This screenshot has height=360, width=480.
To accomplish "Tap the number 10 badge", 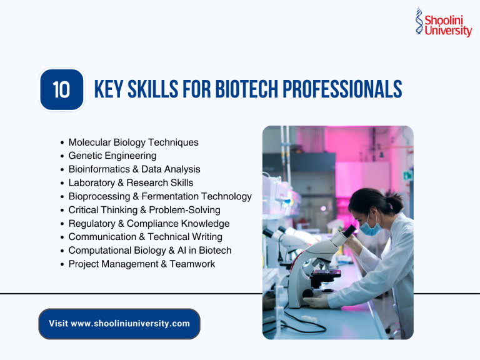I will coord(61,90).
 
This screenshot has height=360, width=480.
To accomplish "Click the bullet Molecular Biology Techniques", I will coord(133,142).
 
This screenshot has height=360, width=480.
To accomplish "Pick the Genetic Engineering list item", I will coord(112,156).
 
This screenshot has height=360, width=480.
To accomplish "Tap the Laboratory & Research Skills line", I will coord(131,182).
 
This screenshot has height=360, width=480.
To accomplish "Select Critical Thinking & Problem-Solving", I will coord(144,210).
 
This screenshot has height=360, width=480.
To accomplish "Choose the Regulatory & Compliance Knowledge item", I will coord(149,223).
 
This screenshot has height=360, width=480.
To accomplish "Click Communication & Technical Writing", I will coord(145,237).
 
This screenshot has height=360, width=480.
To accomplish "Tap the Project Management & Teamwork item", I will coord(141,264).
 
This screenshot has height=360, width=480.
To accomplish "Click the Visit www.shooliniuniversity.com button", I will coord(119,324).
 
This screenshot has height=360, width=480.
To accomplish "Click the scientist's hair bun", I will coord(394,202).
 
